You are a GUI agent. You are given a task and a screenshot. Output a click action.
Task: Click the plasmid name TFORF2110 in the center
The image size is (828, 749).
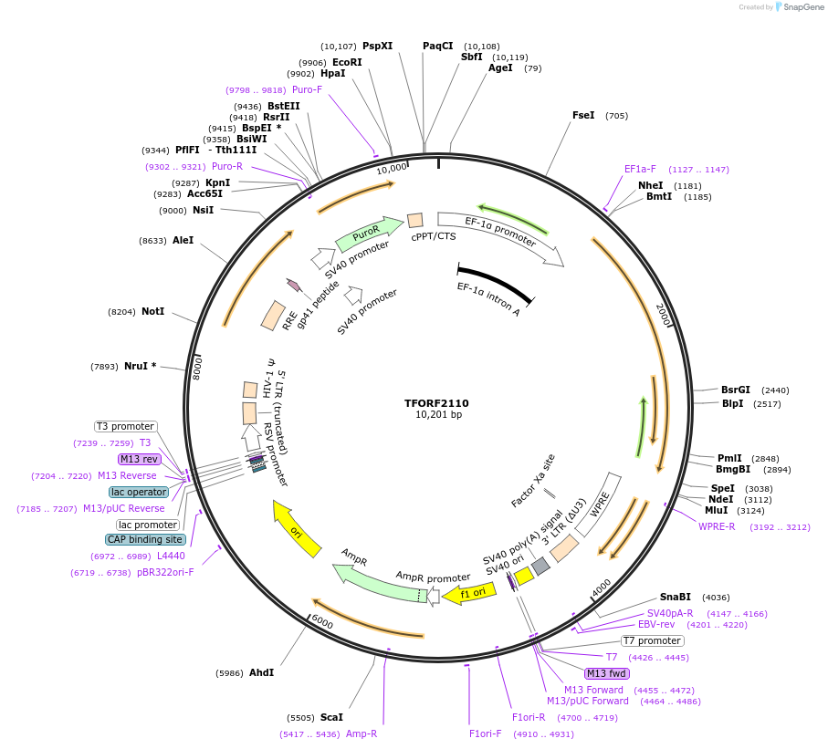pos(436,402)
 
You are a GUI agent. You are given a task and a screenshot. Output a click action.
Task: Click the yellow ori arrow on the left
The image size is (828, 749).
pos(298,530)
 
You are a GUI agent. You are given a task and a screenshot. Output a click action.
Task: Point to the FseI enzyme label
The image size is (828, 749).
pos(583,116)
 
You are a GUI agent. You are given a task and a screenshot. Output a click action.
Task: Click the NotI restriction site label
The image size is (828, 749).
pos(152,311)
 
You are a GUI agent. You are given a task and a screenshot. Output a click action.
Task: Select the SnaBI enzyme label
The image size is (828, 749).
pos(676,598)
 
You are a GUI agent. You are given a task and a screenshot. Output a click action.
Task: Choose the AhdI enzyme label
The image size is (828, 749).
pos(261,673)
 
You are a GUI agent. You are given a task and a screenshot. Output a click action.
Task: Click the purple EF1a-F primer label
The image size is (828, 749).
pos(640,169)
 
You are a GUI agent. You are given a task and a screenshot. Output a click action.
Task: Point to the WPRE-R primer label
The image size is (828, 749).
pos(717,526)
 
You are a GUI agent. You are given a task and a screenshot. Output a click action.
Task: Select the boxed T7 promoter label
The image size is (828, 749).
pos(653,640)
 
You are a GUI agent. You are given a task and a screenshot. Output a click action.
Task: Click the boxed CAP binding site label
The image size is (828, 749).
pos(144,539)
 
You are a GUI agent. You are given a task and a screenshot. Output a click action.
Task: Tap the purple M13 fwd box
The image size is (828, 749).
pos(607,673)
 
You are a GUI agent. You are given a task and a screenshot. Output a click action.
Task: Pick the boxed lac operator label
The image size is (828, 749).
pos(139,492)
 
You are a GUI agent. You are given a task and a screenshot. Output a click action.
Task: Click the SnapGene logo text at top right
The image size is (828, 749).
pos(800,7)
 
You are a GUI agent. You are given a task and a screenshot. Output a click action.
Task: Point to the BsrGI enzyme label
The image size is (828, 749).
pos(735,390)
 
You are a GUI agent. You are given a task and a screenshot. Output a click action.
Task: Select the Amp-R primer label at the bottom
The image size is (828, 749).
pos(362,733)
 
